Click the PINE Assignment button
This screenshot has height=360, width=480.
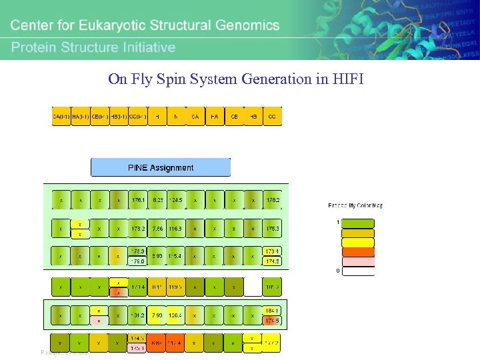(160, 167)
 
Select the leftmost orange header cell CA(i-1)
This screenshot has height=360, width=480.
(62, 117)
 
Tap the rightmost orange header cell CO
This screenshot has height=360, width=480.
(272, 117)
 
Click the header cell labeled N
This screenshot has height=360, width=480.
(176, 117)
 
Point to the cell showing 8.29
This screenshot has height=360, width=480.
(157, 199)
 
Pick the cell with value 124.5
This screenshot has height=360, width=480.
(176, 199)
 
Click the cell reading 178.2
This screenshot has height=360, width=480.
(272, 199)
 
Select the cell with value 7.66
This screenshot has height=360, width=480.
(157, 229)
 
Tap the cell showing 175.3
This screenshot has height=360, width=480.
(272, 229)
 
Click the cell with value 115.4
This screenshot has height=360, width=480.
(176, 256)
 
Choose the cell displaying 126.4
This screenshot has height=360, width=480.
(176, 315)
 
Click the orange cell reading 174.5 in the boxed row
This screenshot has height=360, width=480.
(272, 320)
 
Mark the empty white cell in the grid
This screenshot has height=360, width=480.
(253, 287)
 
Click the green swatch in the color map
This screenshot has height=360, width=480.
(358, 224)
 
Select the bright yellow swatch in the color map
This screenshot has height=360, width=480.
(358, 243)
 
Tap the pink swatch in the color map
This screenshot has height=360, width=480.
(358, 261)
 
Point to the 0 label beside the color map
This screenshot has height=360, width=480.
(337, 271)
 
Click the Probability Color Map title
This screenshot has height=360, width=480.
(355, 205)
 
